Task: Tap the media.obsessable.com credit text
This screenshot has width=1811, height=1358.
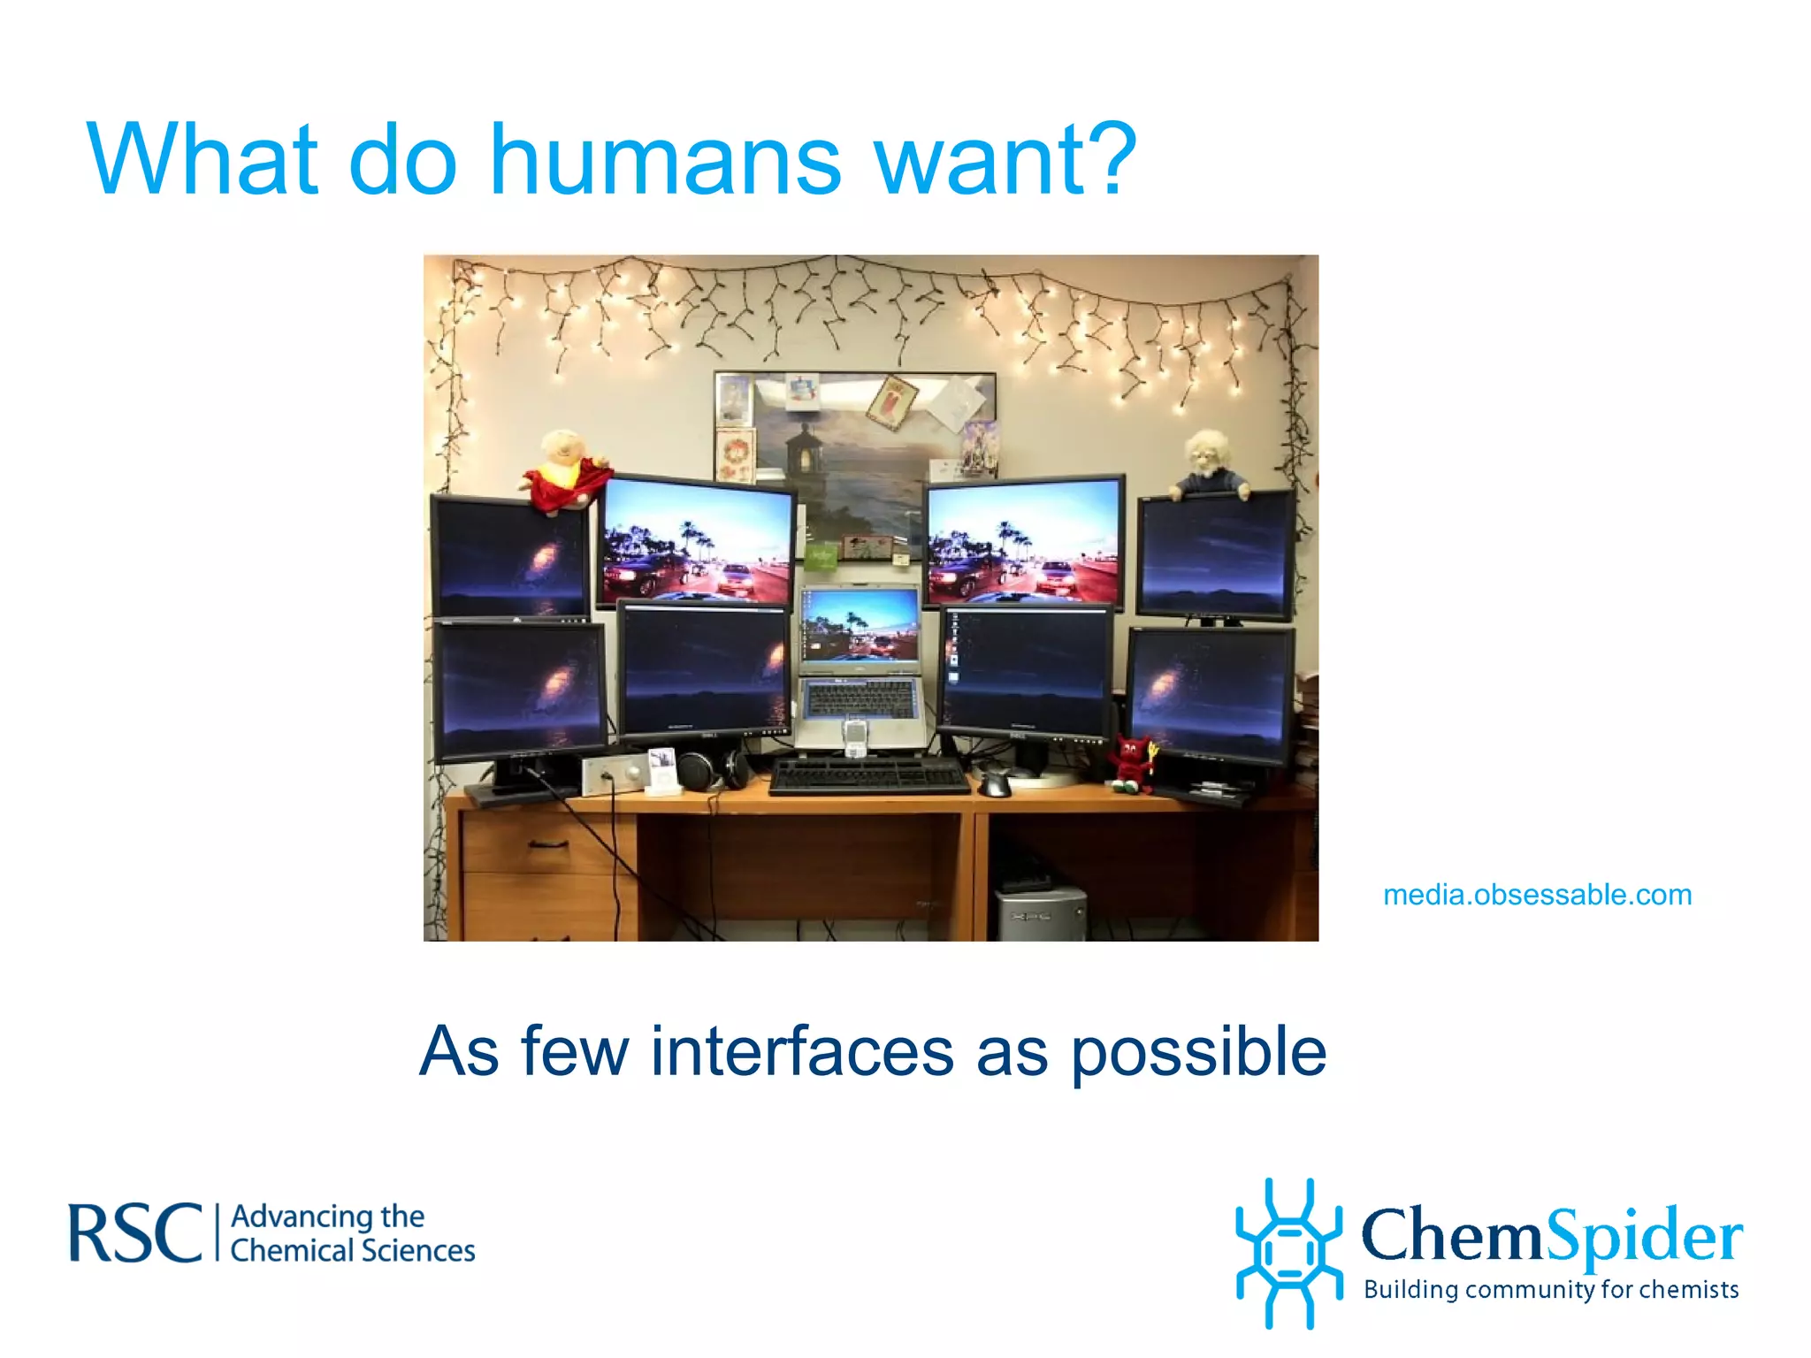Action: [1537, 895]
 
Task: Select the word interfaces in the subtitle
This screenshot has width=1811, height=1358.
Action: [802, 1051]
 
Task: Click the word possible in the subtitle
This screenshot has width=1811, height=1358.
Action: [1198, 1054]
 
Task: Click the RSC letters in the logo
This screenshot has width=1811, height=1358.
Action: [134, 1233]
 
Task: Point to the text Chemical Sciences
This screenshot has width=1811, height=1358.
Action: [352, 1250]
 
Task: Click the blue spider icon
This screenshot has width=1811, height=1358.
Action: [1288, 1252]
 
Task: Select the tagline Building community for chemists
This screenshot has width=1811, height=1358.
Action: [1551, 1289]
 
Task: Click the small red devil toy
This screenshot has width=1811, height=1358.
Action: [1131, 762]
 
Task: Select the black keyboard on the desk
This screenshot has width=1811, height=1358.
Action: [868, 775]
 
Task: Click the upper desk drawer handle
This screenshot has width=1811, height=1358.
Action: [548, 844]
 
